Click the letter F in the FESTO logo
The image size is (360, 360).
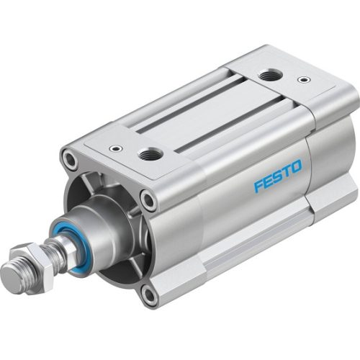pyautogui.click(x=258, y=189)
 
